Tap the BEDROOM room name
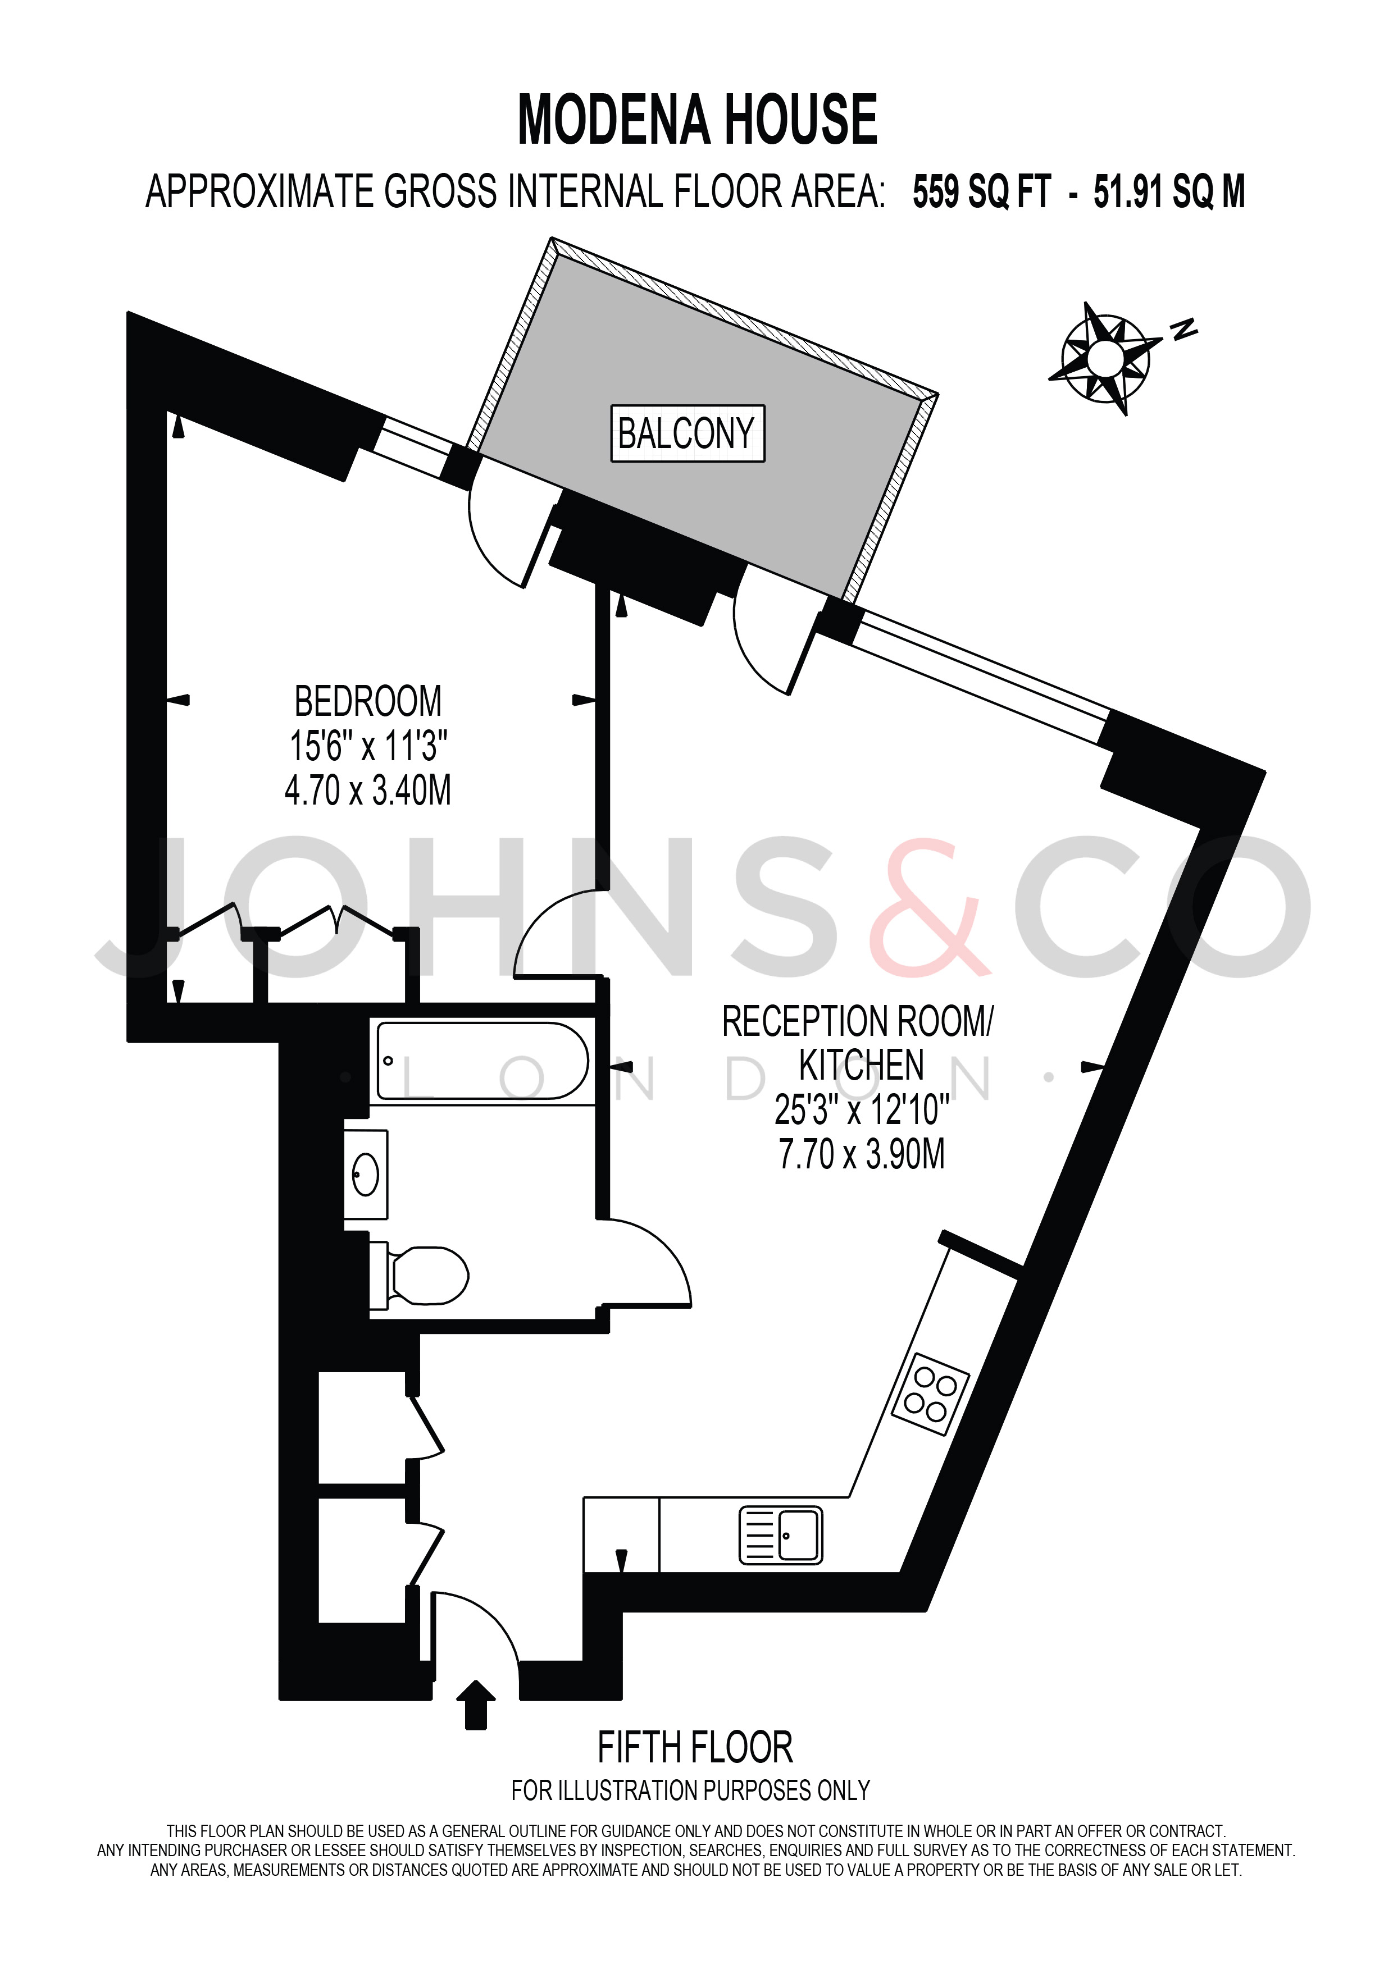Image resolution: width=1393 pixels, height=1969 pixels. (368, 701)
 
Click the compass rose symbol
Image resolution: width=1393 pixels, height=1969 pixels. (1105, 358)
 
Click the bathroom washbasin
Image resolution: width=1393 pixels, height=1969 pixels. (366, 1174)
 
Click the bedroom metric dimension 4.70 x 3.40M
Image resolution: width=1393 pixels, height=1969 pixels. (368, 790)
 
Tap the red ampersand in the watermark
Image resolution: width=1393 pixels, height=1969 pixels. (931, 909)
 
